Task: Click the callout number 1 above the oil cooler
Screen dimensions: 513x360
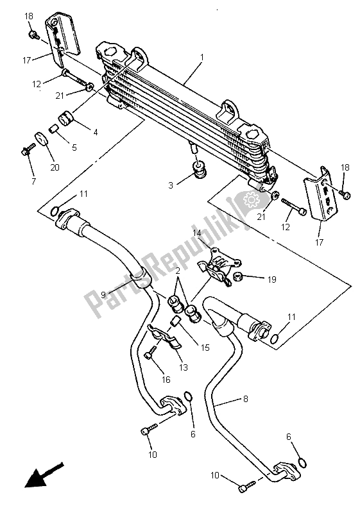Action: [201, 58]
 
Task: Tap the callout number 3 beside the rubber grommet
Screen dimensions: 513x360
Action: [170, 185]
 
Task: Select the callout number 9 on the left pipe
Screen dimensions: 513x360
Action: [103, 296]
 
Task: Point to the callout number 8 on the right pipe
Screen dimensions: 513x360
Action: [245, 399]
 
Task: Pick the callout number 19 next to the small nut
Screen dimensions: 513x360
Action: [273, 279]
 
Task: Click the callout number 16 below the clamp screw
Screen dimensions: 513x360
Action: [166, 380]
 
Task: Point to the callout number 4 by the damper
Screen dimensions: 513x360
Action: [95, 133]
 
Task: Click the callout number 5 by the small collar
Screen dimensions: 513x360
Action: [74, 147]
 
